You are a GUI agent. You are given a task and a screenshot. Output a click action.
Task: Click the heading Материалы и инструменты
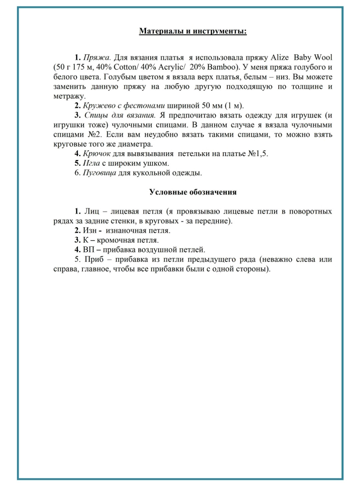tap(193, 31)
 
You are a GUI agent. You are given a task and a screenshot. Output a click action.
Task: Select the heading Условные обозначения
tap(193, 192)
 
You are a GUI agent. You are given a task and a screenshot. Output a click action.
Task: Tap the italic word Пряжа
tap(97, 57)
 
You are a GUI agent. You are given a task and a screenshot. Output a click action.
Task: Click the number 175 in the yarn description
tap(78, 67)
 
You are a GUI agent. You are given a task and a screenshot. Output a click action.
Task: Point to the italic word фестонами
tap(144, 106)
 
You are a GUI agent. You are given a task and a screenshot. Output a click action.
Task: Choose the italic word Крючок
tap(97, 154)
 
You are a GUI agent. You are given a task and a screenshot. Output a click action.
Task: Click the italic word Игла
tap(91, 163)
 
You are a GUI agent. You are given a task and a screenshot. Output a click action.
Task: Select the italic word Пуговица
tap(99, 173)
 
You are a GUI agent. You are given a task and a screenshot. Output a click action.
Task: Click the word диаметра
tap(138, 144)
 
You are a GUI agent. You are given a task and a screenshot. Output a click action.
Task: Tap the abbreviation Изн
tap(90, 230)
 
